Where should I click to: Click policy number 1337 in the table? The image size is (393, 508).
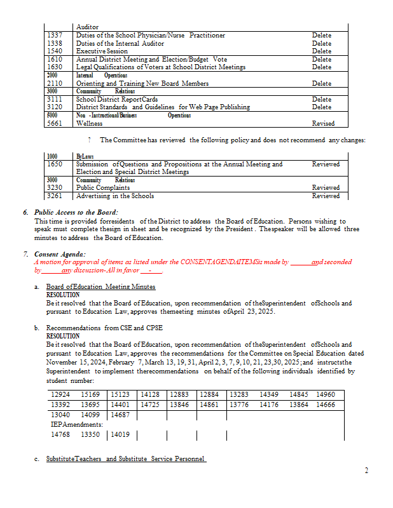(x=54, y=36)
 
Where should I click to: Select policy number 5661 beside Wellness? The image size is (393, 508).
(x=55, y=123)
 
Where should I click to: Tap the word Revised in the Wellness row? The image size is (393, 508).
(x=323, y=123)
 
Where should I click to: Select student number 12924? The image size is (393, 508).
(x=60, y=395)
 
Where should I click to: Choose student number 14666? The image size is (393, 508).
(x=326, y=404)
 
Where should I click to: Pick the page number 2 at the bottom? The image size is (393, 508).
(x=366, y=471)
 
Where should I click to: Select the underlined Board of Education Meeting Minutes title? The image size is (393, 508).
(x=100, y=287)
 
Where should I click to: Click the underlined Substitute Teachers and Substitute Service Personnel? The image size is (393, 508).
(x=126, y=459)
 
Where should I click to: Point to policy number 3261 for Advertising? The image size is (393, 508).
(x=55, y=196)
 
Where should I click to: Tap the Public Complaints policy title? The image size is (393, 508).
(x=103, y=188)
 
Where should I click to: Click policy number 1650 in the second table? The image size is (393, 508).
(x=55, y=164)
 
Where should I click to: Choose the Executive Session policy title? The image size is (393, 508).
(x=102, y=51)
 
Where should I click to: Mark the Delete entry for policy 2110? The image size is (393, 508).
(x=321, y=83)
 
